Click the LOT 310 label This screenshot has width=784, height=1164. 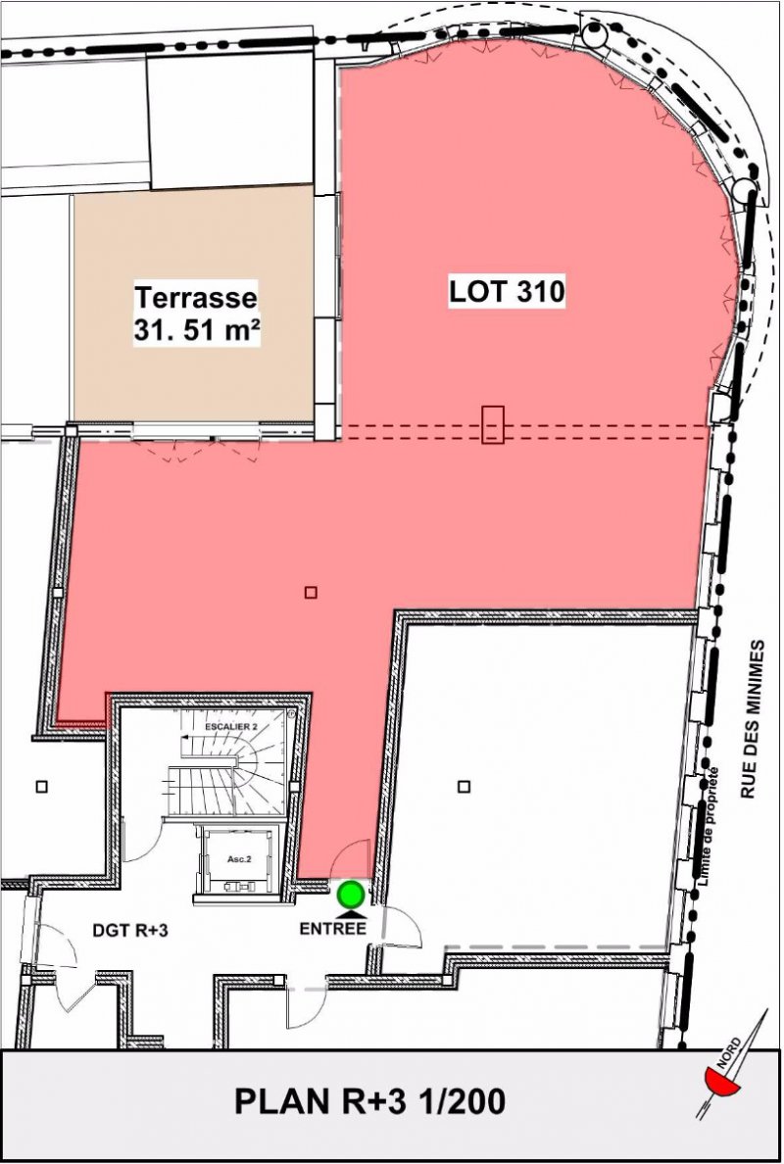pos(507,291)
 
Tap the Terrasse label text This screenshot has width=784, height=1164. pos(196,298)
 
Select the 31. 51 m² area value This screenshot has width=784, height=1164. pos(197,330)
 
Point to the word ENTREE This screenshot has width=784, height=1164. pos(332,929)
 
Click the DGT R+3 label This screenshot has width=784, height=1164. pos(130,929)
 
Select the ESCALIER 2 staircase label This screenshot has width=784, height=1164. pos(231,727)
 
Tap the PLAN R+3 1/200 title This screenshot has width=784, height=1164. pos(369,1101)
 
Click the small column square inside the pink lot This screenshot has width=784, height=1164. pos(311,592)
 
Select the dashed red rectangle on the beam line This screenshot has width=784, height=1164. pos(493,424)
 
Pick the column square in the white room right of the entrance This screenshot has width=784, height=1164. pos(464,786)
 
